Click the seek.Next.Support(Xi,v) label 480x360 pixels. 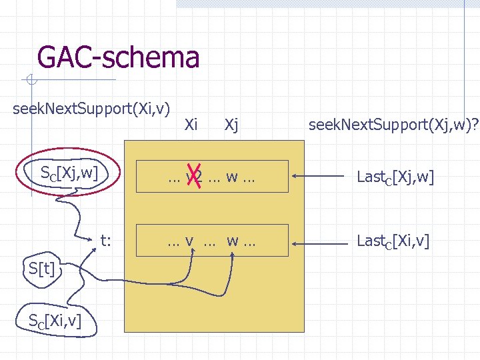click(x=91, y=108)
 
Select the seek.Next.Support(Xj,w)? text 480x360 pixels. click(x=392, y=124)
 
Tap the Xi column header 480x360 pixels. click(x=191, y=124)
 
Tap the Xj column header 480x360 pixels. click(x=232, y=124)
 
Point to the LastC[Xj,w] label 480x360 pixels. click(x=395, y=177)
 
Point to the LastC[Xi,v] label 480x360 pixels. click(x=393, y=240)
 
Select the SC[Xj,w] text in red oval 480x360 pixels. click(x=69, y=174)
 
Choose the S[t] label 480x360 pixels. click(x=41, y=269)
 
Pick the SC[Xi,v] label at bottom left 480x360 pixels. click(x=55, y=321)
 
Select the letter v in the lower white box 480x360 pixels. click(x=190, y=240)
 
